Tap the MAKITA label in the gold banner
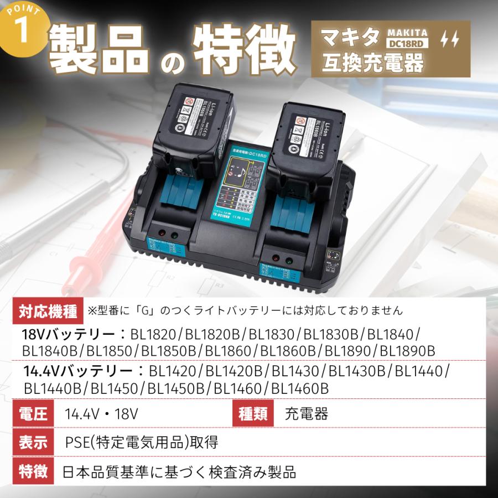point(407,33)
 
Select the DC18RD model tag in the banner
point(407,44)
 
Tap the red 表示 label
point(34,443)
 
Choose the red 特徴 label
point(34,471)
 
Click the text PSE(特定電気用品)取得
point(141,443)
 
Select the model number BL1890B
point(408,350)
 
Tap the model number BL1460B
point(300,388)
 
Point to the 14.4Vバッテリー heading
point(77,371)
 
